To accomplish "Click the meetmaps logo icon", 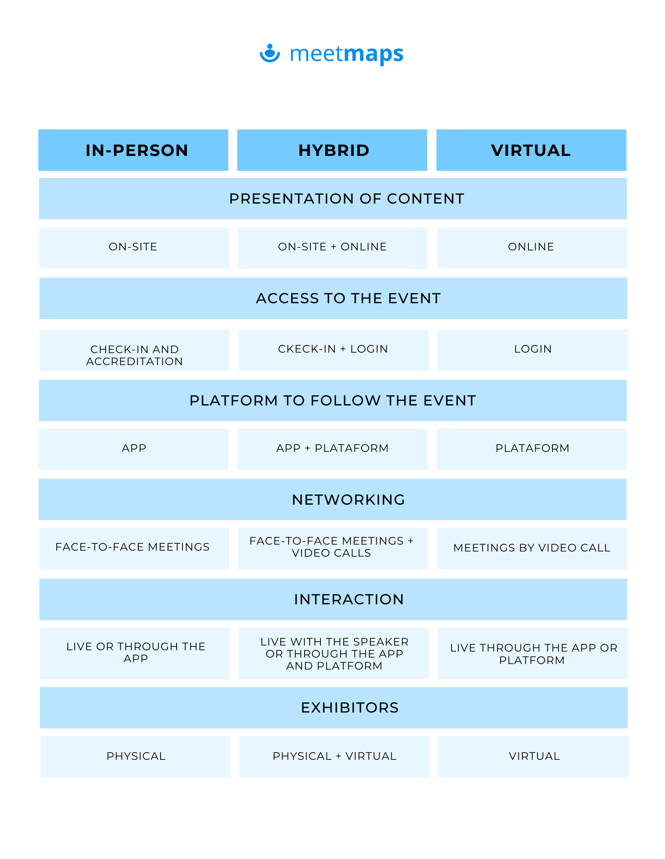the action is (270, 53).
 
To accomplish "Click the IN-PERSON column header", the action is (133, 150).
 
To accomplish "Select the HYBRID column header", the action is (332, 150).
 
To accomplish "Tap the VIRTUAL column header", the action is (531, 150).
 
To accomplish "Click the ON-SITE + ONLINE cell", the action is (332, 248).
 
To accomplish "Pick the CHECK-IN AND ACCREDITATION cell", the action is (135, 350).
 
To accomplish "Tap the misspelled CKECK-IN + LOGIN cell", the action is (333, 350).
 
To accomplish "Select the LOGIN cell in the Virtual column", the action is (533, 350).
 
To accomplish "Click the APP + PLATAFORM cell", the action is (332, 449).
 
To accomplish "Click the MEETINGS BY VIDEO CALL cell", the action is (532, 548).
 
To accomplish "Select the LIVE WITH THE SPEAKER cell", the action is (334, 653).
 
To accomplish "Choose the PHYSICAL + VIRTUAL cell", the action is (334, 757).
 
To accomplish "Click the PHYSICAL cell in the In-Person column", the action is (135, 757).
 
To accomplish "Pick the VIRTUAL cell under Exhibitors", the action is (534, 757).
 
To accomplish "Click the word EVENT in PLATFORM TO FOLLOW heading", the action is (450, 400).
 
